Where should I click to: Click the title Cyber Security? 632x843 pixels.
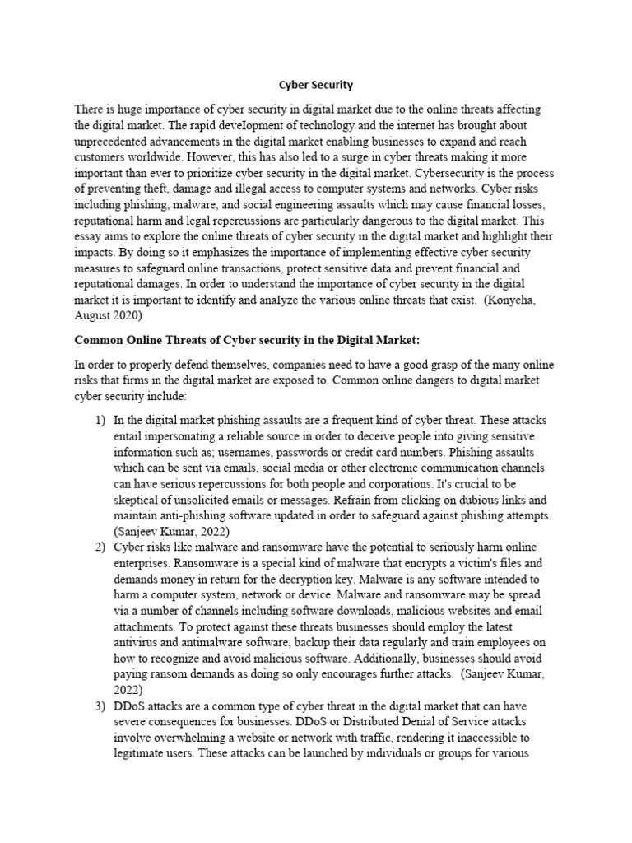[315, 85]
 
